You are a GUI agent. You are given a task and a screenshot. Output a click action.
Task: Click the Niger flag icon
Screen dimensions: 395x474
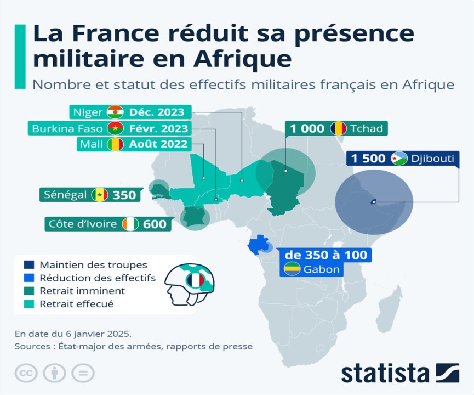(x=116, y=112)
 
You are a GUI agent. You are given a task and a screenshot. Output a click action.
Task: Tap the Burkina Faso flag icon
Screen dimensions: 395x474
(x=116, y=129)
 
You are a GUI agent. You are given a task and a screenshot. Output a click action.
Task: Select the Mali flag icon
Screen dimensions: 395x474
(x=116, y=145)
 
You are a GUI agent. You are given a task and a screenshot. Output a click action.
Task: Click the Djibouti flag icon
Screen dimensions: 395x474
(x=398, y=159)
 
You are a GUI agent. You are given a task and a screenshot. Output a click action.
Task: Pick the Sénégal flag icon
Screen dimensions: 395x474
(x=100, y=195)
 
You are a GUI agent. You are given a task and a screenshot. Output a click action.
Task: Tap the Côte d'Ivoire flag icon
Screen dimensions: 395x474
(x=132, y=224)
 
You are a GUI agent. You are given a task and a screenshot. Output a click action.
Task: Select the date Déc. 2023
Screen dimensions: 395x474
(x=157, y=112)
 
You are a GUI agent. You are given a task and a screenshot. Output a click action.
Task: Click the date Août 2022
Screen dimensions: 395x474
(x=157, y=145)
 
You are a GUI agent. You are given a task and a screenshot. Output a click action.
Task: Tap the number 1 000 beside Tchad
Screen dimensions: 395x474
(x=307, y=129)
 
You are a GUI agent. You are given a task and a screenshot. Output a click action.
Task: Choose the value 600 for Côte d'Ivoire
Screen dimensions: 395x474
(x=155, y=224)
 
